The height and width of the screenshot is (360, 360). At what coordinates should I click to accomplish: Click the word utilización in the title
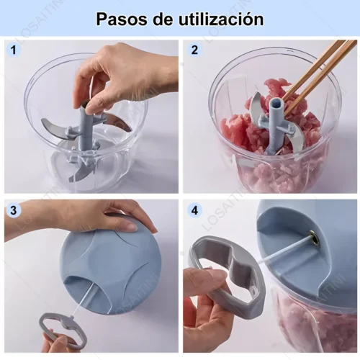[221, 19]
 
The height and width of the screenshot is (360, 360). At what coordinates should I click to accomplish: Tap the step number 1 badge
[14, 50]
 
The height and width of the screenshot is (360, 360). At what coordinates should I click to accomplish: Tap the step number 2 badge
[194, 50]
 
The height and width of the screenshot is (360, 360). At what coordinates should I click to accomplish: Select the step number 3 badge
[14, 210]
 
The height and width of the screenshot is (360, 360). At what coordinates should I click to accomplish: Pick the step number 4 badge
[194, 210]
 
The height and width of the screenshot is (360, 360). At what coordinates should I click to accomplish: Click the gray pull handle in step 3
[63, 330]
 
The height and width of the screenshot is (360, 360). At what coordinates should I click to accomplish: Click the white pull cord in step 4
[287, 251]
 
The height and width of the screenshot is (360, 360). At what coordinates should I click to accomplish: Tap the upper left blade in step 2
[256, 107]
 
